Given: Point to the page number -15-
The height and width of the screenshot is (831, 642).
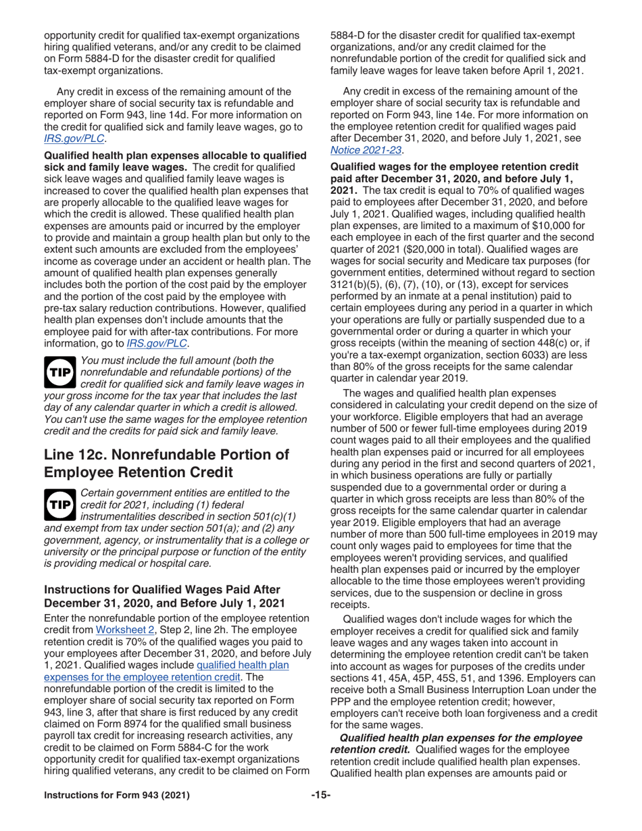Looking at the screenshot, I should coord(320,809).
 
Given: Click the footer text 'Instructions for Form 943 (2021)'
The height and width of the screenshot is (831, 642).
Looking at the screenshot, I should coord(117,809).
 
